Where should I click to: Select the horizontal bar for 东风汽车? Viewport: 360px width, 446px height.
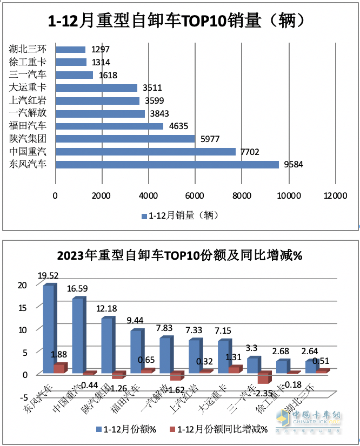coord(167,165)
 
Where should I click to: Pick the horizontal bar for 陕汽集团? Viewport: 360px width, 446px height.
coord(125,139)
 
